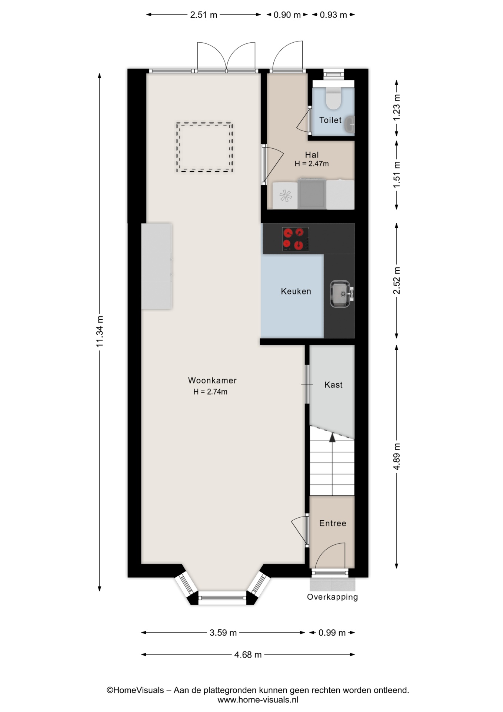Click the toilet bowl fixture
tap(333, 98)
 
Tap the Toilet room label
tap(330, 120)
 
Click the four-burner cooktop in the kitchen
tap(296, 239)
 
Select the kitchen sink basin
tap(340, 294)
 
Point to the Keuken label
tap(296, 291)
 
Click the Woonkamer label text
tap(212, 380)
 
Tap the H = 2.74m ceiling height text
tap(210, 392)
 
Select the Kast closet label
tap(333, 385)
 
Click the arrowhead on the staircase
tap(332, 438)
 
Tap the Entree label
tap(333, 523)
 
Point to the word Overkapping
tap(332, 597)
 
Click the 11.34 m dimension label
tap(100, 332)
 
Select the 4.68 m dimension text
tap(248, 655)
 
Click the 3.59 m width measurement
tap(223, 633)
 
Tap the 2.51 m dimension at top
tap(203, 15)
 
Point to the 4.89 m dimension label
tap(397, 456)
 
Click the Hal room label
tap(312, 155)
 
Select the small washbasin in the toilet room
tap(349, 125)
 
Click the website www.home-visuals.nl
tap(258, 700)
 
